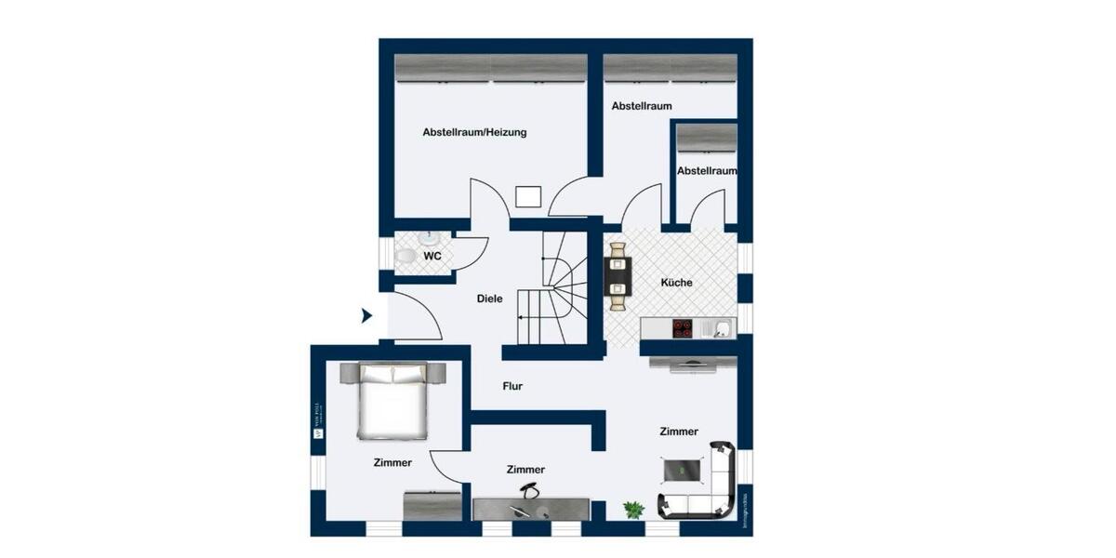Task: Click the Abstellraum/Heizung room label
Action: [474, 132]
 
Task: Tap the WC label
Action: [432, 255]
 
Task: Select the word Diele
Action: [489, 299]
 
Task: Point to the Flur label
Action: [511, 386]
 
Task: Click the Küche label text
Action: [676, 283]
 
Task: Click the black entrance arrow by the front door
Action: [366, 316]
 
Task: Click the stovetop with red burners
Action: [683, 327]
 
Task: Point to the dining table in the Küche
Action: [618, 275]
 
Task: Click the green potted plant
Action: [633, 510]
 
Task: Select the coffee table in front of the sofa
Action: [684, 470]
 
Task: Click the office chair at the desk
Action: [529, 492]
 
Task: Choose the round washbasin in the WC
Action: [429, 238]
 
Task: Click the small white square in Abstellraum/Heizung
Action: [528, 196]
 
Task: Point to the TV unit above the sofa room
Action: [693, 365]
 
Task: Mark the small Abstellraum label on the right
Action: [707, 171]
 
